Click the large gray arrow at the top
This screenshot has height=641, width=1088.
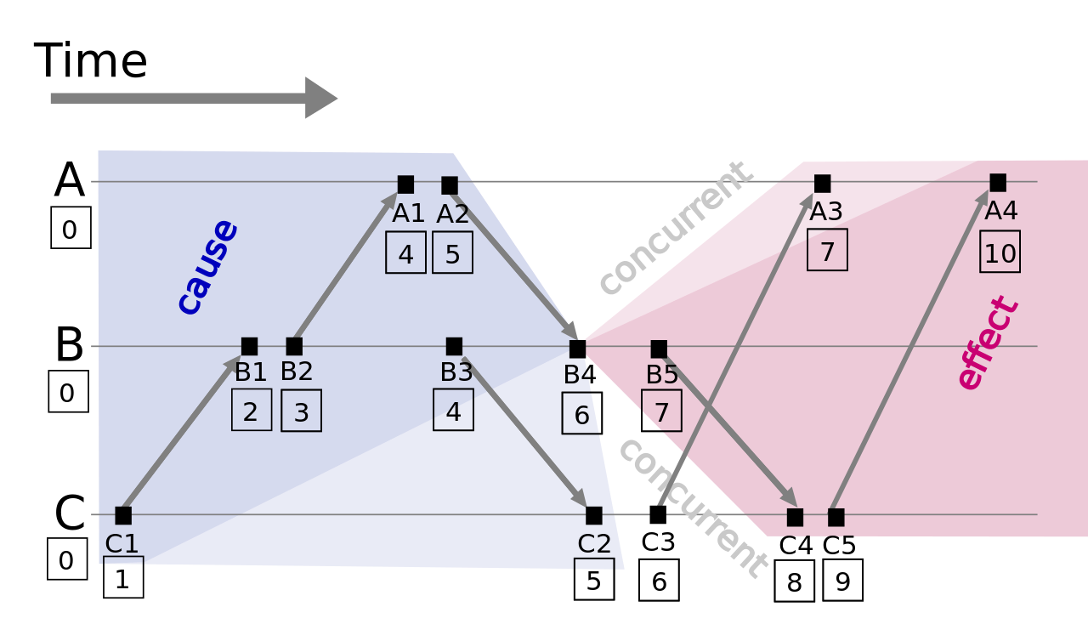pos(194,98)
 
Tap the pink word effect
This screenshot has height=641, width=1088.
pos(986,343)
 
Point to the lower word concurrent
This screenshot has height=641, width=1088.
pos(691,508)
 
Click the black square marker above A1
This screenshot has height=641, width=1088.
pos(405,184)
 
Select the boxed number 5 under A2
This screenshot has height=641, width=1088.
pos(452,253)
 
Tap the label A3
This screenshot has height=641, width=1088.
pos(826,212)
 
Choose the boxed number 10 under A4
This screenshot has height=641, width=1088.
pos(1000,252)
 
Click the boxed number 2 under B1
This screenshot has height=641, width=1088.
pos(252,411)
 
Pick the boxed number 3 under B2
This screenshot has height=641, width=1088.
pos(301,411)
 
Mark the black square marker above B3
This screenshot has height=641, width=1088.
pos(454,346)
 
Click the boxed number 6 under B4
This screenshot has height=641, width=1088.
pos(581,414)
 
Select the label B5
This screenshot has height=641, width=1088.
pos(662,375)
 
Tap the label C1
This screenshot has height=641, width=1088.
pos(122,544)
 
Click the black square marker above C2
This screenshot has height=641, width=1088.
pos(594,515)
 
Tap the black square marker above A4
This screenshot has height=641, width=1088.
pos(998,183)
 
